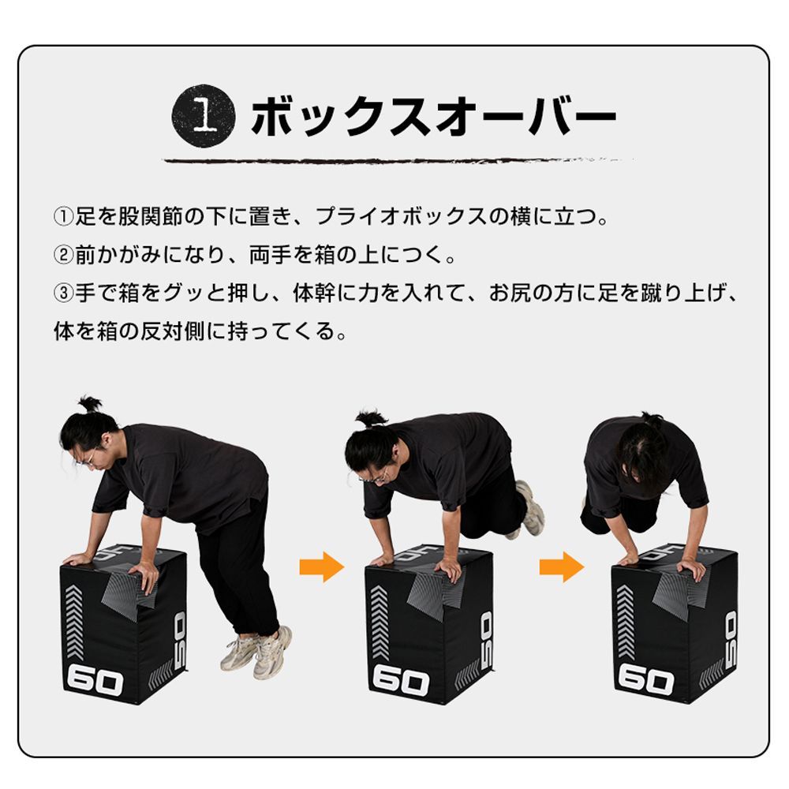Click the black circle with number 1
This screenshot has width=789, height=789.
(x=204, y=118)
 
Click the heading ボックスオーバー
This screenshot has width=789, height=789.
(x=432, y=118)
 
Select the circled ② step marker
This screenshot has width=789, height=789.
(x=63, y=256)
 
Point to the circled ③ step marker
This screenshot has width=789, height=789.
(x=63, y=294)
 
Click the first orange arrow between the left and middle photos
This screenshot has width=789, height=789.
(x=322, y=567)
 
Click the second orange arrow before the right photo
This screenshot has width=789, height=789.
(x=561, y=567)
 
